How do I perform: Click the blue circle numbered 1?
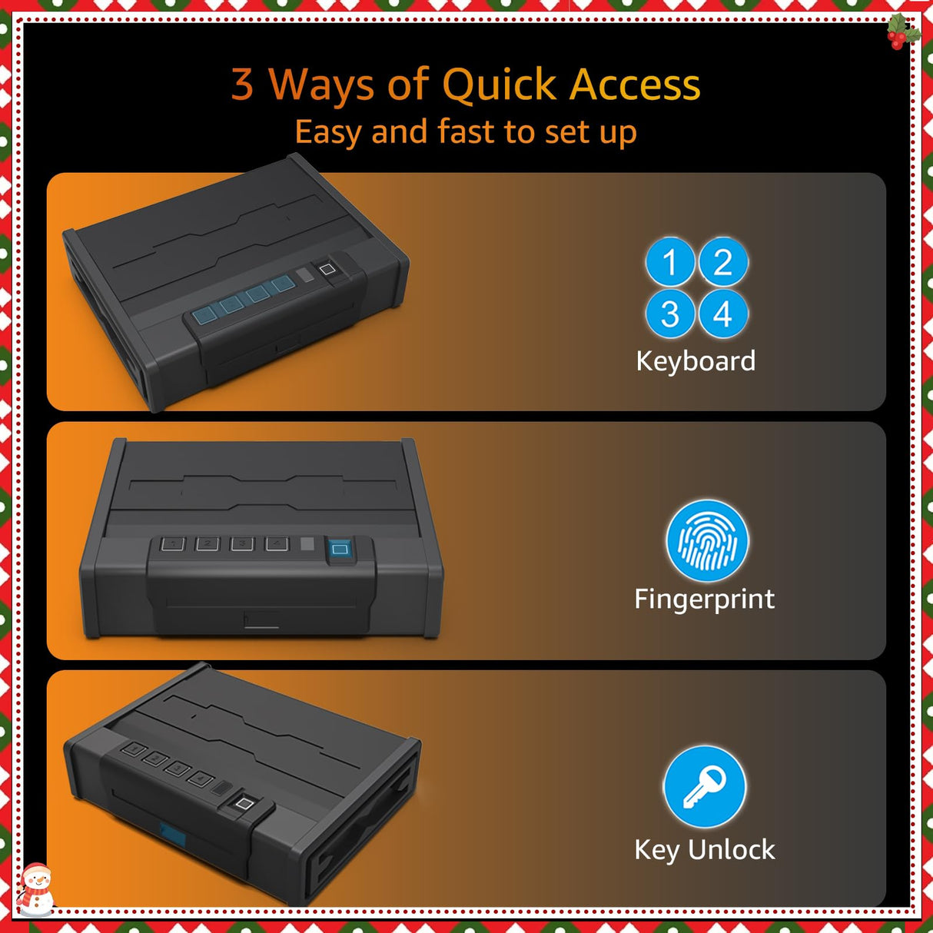pos(670,261)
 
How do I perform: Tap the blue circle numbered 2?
pos(723,261)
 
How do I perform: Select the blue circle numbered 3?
pos(670,314)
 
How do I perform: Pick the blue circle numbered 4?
pos(723,314)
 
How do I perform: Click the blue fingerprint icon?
pos(707,541)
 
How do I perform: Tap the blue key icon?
pos(705,787)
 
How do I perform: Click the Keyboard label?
pos(696,361)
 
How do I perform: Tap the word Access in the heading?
pos(635,85)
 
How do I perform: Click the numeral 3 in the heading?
pos(243,85)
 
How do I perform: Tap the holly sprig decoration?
pos(904,31)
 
